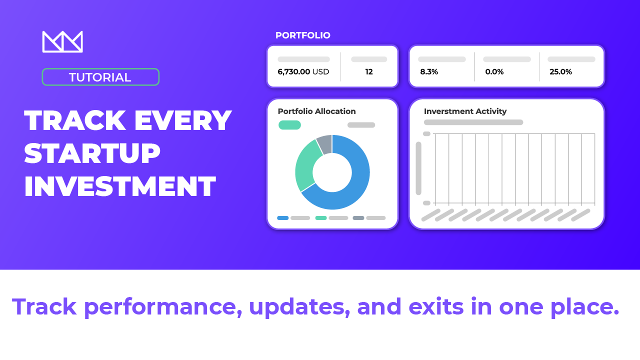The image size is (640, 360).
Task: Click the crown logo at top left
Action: tap(62, 41)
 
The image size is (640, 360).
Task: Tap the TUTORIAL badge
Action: tap(100, 77)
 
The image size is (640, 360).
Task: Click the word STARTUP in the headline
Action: tap(92, 153)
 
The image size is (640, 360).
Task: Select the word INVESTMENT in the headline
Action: tap(120, 186)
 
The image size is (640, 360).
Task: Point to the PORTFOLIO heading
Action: tap(303, 35)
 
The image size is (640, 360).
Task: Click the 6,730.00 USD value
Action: tap(303, 71)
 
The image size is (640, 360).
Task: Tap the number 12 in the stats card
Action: tap(369, 71)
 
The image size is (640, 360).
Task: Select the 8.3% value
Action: tap(429, 71)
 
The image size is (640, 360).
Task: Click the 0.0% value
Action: tap(494, 71)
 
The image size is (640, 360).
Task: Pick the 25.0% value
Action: tap(560, 71)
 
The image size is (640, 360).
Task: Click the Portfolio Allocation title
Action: tap(316, 111)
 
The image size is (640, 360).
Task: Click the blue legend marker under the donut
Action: tap(283, 218)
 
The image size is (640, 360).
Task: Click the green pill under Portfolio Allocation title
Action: tap(289, 125)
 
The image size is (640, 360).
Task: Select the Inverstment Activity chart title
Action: tap(465, 111)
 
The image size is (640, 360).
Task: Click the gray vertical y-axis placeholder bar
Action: tap(418, 168)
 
